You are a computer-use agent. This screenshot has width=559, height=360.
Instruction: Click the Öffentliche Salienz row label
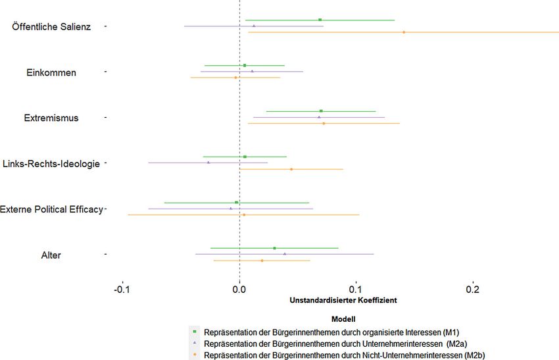[51, 27]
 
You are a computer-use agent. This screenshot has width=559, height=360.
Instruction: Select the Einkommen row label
[51, 72]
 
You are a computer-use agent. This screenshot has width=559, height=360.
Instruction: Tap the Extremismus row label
[51, 118]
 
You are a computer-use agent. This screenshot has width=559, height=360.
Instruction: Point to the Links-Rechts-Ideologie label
[51, 164]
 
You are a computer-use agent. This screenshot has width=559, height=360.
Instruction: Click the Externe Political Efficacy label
[51, 209]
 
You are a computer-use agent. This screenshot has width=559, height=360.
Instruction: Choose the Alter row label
[51, 255]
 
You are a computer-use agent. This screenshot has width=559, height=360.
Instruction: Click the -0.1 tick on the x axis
[122, 290]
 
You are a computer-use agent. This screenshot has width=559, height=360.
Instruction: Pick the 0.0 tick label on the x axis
[239, 290]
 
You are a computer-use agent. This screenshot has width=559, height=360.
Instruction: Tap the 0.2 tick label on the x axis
[473, 290]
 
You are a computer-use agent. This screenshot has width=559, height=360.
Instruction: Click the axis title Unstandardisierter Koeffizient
[343, 300]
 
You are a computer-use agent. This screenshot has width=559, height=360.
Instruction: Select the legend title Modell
[343, 319]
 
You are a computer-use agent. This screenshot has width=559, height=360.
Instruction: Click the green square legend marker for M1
[195, 332]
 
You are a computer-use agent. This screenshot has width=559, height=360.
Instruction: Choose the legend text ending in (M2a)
[335, 344]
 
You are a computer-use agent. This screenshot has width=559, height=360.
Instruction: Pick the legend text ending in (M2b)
[345, 355]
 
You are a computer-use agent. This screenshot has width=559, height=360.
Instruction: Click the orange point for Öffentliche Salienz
[404, 32]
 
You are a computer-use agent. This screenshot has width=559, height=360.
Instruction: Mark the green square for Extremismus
[321, 111]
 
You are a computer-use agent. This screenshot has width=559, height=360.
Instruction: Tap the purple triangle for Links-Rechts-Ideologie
[208, 163]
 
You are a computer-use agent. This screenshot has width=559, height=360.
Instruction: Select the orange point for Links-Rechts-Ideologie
[291, 169]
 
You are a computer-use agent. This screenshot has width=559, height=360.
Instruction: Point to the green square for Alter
[274, 248]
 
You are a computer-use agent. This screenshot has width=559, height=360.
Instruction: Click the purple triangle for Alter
[285, 254]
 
